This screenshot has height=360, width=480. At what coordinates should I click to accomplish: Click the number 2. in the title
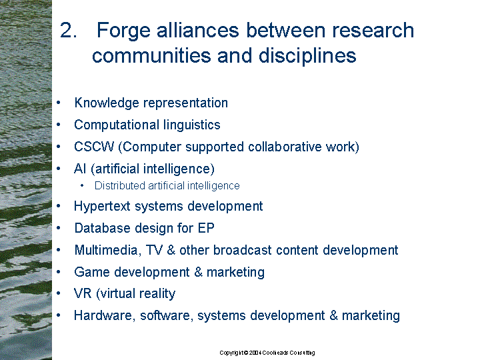68,30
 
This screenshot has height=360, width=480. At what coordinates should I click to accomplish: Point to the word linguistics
191,125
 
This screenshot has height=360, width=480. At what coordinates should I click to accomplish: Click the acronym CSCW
94,147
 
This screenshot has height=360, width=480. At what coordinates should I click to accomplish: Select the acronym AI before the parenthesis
80,169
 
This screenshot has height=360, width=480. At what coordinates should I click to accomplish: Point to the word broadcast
243,250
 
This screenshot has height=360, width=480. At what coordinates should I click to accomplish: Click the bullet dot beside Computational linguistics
59,125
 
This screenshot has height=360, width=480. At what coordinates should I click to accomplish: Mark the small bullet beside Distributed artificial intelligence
82,185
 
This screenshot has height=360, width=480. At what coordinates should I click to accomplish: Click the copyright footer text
267,353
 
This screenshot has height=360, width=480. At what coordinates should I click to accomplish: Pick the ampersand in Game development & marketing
199,272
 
